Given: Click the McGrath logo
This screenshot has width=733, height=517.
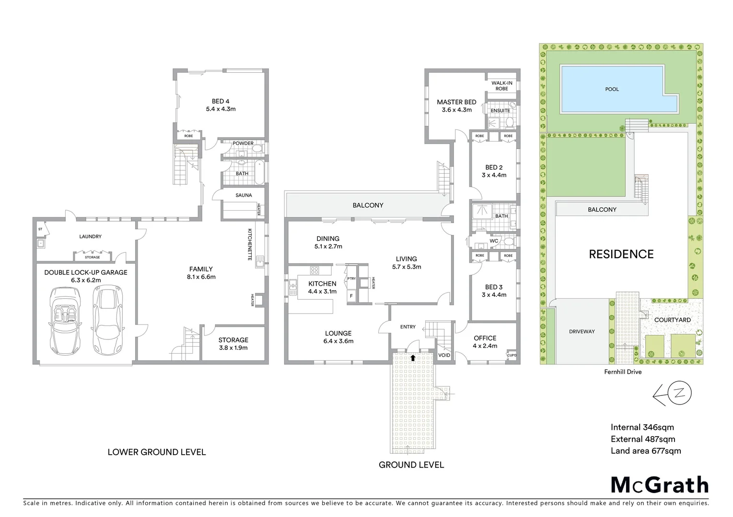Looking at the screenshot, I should [659, 485].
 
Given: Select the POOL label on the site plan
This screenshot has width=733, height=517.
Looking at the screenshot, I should [612, 89].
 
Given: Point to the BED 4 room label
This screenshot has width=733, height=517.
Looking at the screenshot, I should [221, 101].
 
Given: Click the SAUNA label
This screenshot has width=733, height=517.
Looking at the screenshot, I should [244, 195].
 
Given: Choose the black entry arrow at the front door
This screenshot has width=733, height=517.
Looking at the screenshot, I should [413, 357].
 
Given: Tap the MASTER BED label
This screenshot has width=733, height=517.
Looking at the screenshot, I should [456, 102].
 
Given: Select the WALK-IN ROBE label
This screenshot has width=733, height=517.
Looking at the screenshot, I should [501, 86].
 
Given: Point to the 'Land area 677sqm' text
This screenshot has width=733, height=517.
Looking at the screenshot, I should [645, 450].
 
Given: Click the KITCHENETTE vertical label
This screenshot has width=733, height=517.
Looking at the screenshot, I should [250, 244].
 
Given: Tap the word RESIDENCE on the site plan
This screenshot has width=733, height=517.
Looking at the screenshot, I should [621, 254].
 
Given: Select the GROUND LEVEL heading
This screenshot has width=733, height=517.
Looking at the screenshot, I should [411, 465].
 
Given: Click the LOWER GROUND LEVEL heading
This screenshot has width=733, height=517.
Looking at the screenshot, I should [156, 452].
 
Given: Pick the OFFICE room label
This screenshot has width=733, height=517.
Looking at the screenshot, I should [485, 338].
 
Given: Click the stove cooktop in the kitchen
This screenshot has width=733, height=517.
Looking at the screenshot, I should [314, 270].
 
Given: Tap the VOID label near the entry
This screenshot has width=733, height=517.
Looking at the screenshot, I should [444, 355].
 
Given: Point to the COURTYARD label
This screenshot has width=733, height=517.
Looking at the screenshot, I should [672, 320].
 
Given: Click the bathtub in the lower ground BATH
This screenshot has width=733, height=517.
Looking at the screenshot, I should [259, 173].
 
